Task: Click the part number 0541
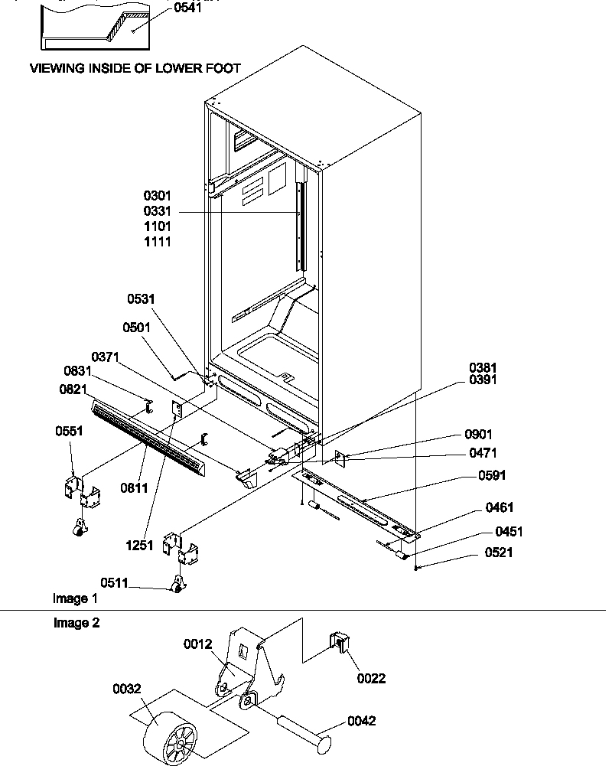(189, 9)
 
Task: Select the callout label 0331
(156, 211)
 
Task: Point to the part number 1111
(156, 242)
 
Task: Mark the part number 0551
(70, 432)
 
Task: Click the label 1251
(141, 546)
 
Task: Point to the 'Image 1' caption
(75, 598)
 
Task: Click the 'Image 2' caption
(76, 623)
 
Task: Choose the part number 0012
(197, 644)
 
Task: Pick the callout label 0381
(484, 367)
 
